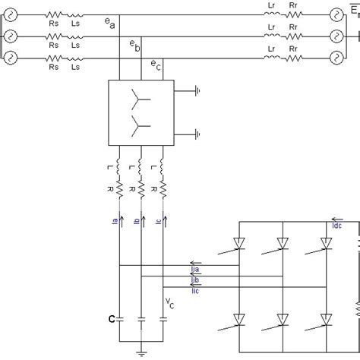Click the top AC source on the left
pyautogui.click(x=11, y=14)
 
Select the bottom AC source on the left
pyautogui.click(x=11, y=57)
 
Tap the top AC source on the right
pyautogui.click(x=337, y=14)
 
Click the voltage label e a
pyautogui.click(x=109, y=24)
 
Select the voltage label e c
pyautogui.click(x=154, y=65)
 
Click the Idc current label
pyautogui.click(x=337, y=225)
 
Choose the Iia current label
pyautogui.click(x=195, y=269)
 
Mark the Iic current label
pyautogui.click(x=195, y=290)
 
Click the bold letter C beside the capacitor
pyautogui.click(x=111, y=320)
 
